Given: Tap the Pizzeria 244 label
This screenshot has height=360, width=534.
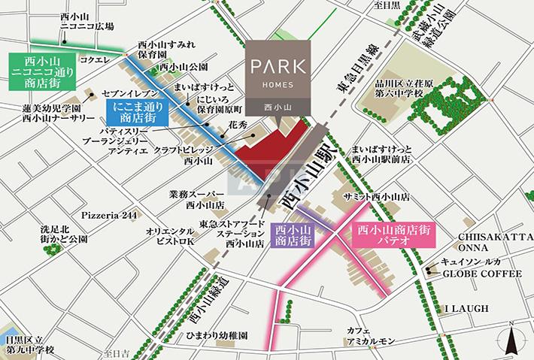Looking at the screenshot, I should click(111, 215).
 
